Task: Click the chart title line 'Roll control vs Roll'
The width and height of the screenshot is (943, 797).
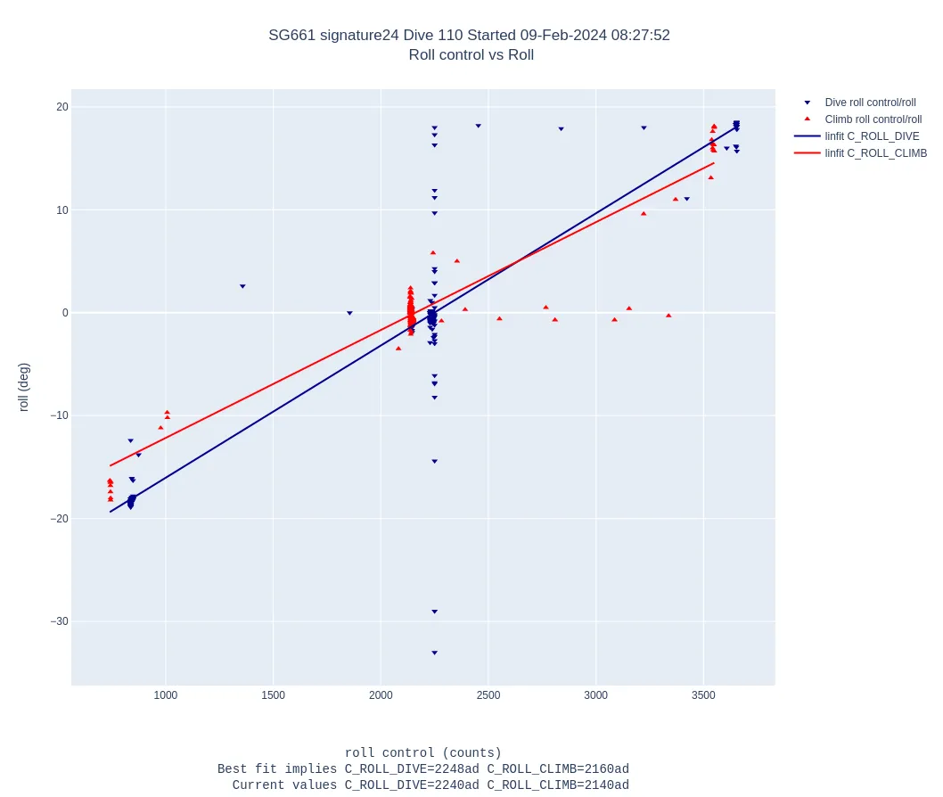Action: coord(471,55)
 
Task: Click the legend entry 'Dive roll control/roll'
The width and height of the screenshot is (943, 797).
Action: coord(870,103)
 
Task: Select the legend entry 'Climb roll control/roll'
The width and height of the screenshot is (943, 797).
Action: coord(873,119)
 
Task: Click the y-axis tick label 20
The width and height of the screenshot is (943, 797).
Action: coord(62,107)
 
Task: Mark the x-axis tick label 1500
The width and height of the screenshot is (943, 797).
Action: coord(274,695)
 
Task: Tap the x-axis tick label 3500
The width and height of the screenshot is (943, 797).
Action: coord(704,695)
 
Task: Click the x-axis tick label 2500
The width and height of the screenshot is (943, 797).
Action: coord(488,695)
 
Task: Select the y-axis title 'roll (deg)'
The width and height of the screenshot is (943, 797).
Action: coord(24,387)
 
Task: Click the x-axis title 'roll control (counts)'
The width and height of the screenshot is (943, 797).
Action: coord(422,753)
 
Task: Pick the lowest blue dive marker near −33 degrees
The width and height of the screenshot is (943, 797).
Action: coord(434,653)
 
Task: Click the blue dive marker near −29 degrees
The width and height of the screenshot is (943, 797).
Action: coord(434,612)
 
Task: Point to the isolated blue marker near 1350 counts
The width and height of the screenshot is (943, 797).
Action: coord(242,286)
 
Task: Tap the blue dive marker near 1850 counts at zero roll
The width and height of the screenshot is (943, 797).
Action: coord(349,313)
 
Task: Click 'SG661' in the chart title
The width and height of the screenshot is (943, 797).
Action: coord(287,36)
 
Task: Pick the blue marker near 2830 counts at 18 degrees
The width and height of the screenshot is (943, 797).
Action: coord(561,128)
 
